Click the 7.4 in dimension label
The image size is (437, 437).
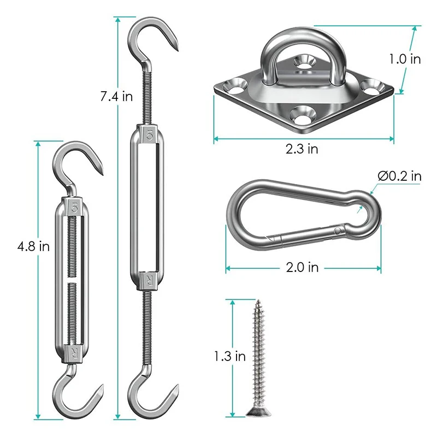[116, 97]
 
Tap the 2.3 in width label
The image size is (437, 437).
[302, 149]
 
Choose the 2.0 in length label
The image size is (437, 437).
[302, 267]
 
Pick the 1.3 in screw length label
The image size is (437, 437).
[230, 356]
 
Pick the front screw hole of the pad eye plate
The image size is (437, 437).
[301, 114]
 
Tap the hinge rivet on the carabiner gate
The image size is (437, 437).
[337, 232]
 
